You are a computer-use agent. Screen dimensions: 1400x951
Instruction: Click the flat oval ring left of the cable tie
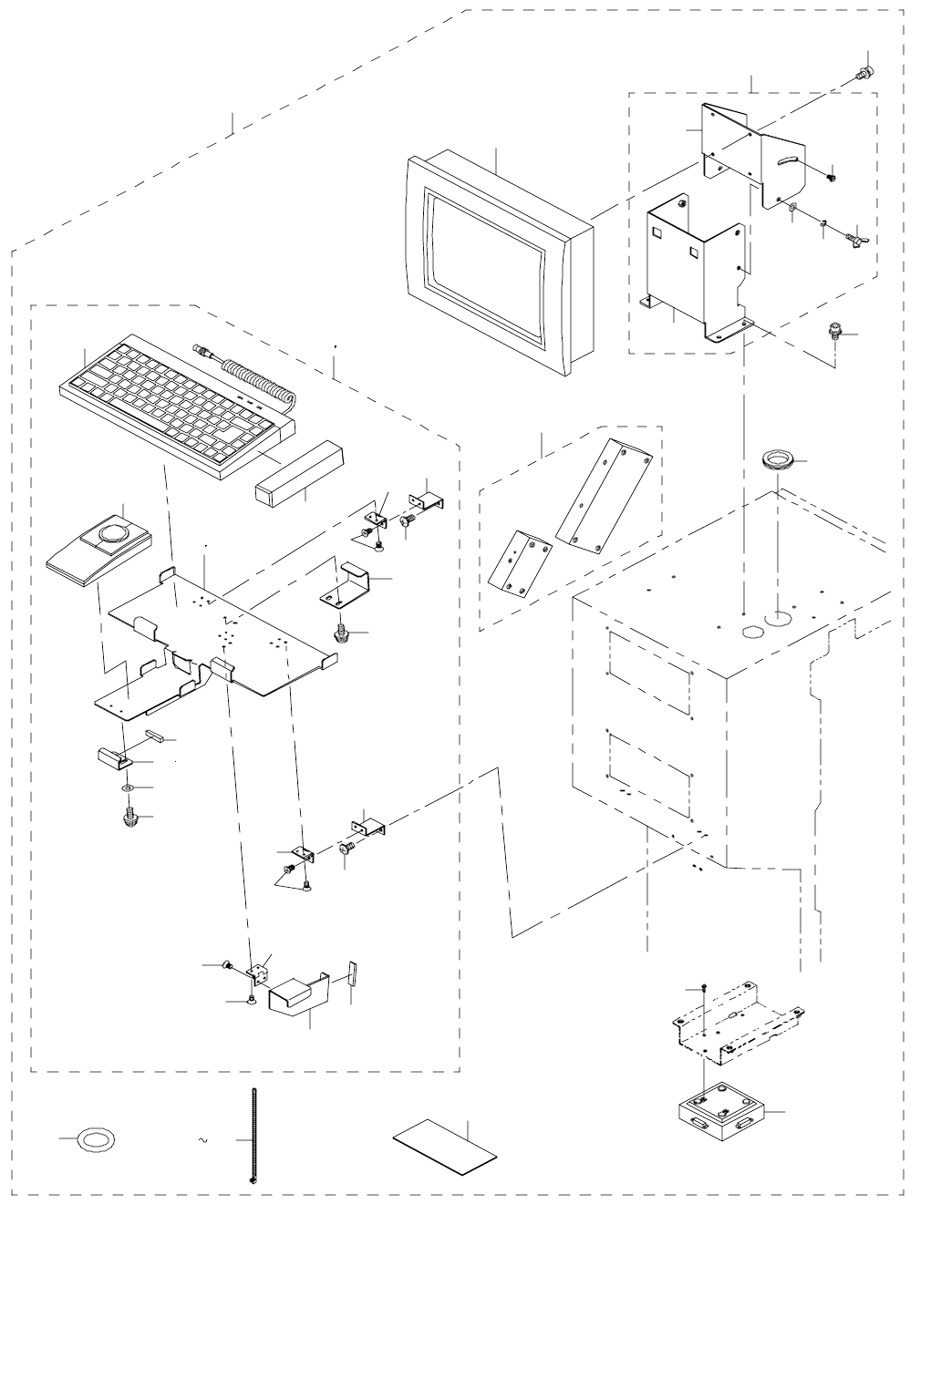coord(96,1139)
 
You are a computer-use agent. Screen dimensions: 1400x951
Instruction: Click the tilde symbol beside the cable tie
coord(204,1140)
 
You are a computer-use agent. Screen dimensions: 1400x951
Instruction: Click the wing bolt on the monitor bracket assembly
coord(855,240)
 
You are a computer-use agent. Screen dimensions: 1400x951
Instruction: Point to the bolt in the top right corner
coord(863,73)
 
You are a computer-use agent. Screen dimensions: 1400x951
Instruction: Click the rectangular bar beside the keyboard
coord(298,473)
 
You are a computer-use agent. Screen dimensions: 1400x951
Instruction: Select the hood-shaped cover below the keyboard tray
coord(299,994)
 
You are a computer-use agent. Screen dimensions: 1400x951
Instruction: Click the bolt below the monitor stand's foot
coord(832,330)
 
